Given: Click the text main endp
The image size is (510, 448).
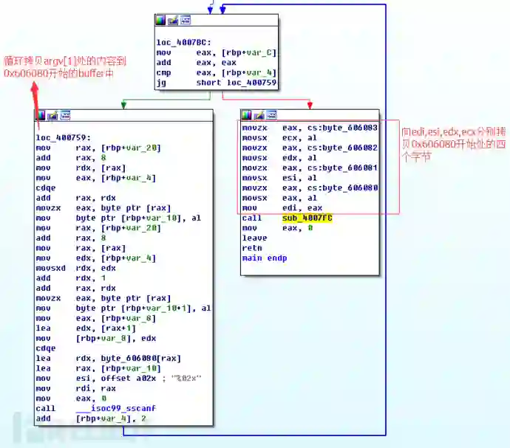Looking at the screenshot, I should click(265, 258).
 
